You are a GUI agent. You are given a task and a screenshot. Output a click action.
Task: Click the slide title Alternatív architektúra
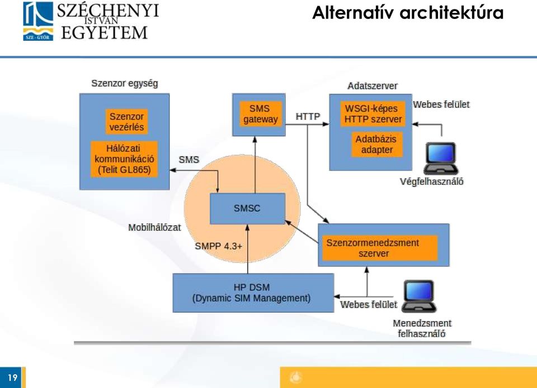click(408, 13)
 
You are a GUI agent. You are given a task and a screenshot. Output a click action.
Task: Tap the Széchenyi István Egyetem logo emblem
click(38, 21)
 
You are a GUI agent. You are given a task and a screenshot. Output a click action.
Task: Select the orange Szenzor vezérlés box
click(126, 122)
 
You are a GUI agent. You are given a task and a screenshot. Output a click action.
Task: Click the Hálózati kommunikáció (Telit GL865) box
click(124, 159)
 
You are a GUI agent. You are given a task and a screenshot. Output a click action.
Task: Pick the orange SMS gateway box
click(261, 114)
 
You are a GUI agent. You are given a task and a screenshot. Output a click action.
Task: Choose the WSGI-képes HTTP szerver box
click(373, 114)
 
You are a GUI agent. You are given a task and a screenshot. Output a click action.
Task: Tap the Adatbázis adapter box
click(376, 144)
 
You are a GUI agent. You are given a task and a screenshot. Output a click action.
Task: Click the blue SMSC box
click(247, 209)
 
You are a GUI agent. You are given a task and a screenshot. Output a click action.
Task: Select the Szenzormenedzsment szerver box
click(380, 248)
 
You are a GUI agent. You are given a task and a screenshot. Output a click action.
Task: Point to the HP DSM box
click(253, 293)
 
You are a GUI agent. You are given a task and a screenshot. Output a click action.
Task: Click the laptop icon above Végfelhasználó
click(441, 159)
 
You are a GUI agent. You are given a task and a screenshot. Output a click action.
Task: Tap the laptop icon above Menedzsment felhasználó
click(419, 296)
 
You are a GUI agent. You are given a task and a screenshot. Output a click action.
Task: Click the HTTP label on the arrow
click(308, 117)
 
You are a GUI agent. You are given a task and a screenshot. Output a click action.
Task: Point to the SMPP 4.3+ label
click(219, 246)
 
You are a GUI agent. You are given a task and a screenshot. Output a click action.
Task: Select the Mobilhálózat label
click(154, 228)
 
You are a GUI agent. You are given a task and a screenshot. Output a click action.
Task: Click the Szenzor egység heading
click(125, 83)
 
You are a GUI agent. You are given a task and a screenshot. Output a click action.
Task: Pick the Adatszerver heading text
click(373, 86)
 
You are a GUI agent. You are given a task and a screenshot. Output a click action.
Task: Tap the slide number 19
click(13, 377)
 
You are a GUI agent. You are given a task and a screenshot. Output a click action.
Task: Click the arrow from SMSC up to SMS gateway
click(255, 165)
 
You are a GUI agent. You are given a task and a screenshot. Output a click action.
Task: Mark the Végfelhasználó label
click(431, 181)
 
